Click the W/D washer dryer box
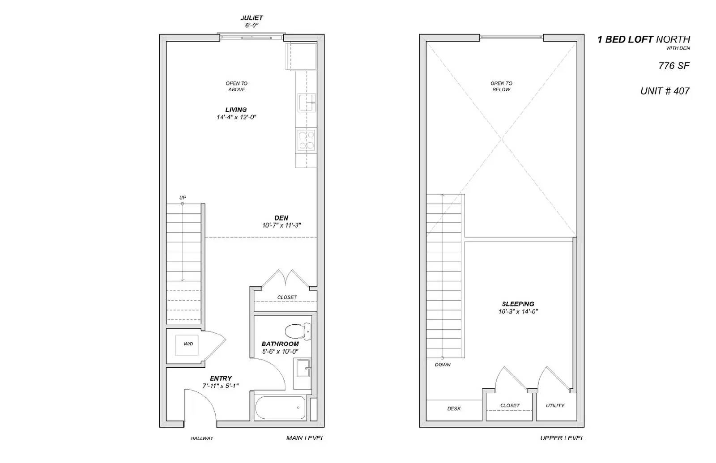tap(187, 345)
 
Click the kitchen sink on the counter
tap(307, 102)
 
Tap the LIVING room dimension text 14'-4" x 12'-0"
tap(236, 117)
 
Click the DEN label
tap(281, 218)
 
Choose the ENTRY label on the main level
tap(221, 378)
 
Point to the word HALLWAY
tap(202, 438)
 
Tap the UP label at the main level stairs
tap(183, 198)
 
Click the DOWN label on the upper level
tap(443, 365)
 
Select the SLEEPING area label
tap(518, 304)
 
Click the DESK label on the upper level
tap(454, 408)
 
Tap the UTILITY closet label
tap(555, 406)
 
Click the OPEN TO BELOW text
tap(501, 86)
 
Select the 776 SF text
tap(674, 66)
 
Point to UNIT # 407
tap(665, 91)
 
